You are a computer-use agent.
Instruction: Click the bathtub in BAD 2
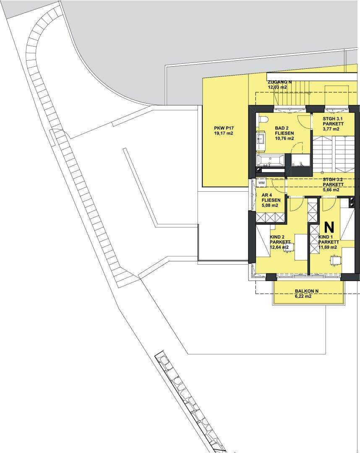click(x=269, y=160)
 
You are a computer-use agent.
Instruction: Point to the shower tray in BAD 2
click(x=300, y=161)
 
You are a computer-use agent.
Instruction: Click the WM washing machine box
click(x=261, y=183)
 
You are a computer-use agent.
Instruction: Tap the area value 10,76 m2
click(x=284, y=138)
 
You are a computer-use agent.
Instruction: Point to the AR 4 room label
click(x=267, y=195)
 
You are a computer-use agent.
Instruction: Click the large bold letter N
click(x=329, y=227)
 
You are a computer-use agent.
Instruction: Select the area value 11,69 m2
click(x=328, y=247)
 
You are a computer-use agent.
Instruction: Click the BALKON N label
click(x=307, y=291)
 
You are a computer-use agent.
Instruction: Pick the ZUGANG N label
click(x=279, y=82)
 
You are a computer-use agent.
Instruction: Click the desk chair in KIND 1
click(x=334, y=260)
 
